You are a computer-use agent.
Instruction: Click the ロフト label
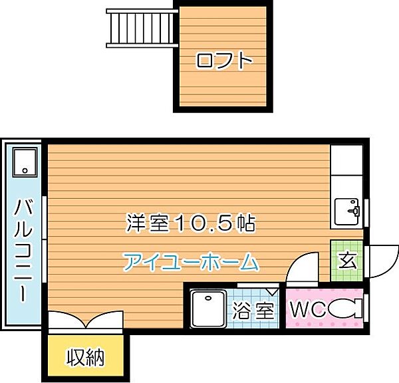pos(224,62)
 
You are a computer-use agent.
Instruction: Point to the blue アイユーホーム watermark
pos(191,262)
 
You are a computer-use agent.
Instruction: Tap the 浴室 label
pos(253,310)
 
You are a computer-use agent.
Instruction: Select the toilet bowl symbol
pos(346,309)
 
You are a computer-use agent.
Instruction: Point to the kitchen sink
pos(347,212)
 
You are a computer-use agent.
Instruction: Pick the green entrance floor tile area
pos(346,261)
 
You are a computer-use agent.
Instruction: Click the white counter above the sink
pos(346,169)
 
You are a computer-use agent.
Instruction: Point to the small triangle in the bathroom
pos(273,291)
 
